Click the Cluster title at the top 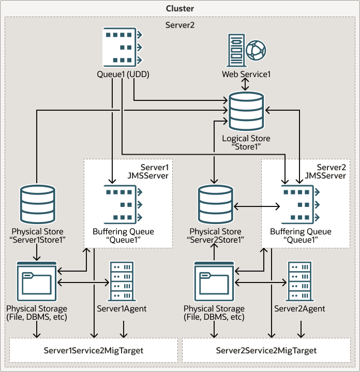(x=180, y=8)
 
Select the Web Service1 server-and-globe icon (x=247, y=51)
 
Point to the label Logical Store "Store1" (x=246, y=143)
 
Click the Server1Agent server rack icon (x=122, y=282)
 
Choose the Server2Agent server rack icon (x=299, y=282)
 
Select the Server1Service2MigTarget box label (x=93, y=350)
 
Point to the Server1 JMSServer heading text (x=152, y=172)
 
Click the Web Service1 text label (x=247, y=75)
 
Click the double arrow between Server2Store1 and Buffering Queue (x=257, y=206)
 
